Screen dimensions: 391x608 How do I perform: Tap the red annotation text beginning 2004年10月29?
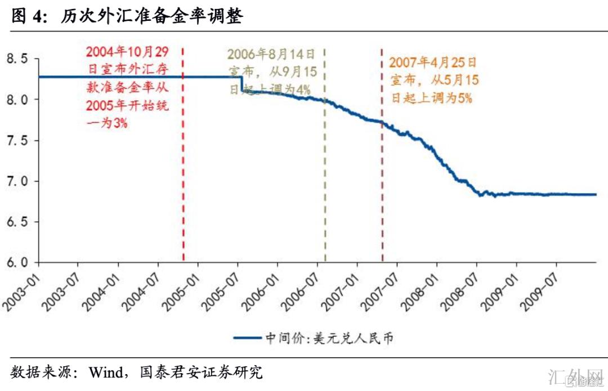click(127, 87)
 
